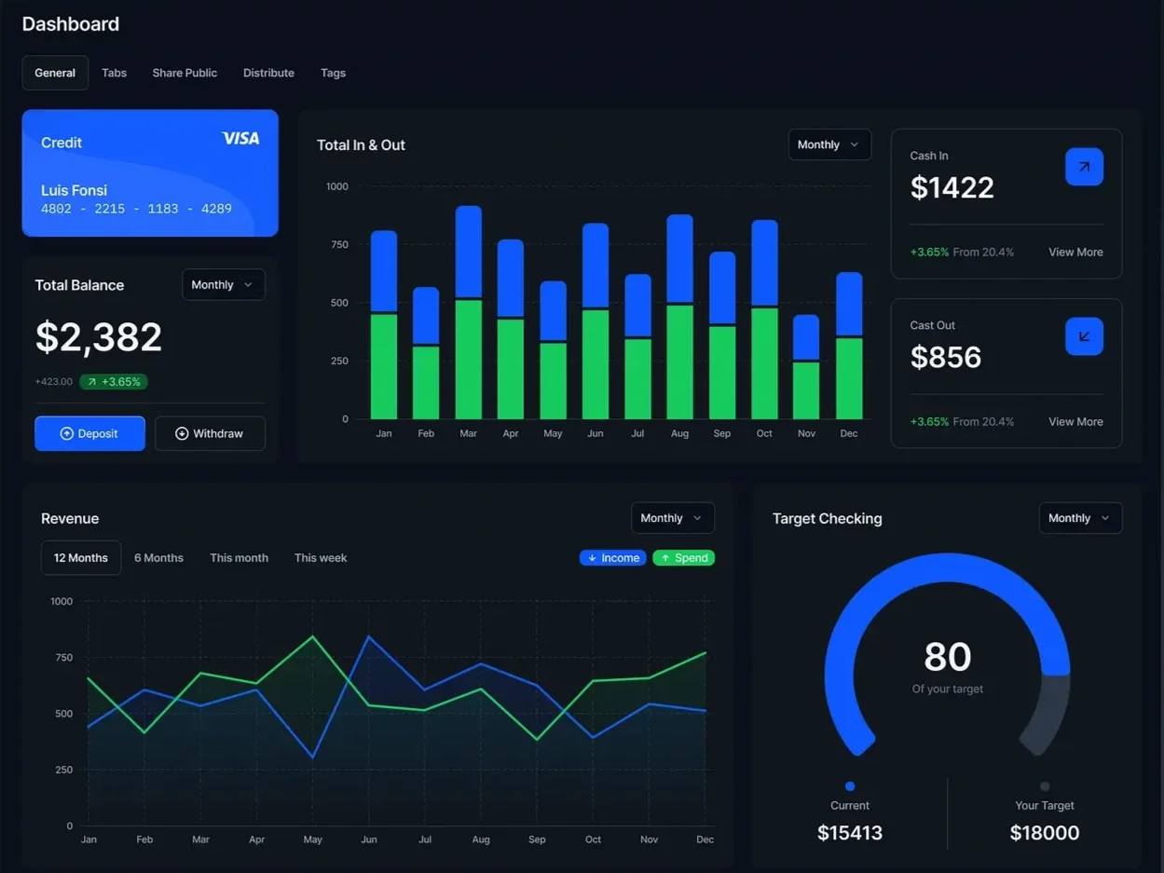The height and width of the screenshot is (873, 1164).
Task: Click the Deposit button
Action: click(89, 433)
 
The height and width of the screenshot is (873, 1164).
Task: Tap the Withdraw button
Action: click(210, 433)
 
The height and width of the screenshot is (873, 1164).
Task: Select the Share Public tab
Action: click(185, 73)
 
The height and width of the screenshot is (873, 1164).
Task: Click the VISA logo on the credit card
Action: click(240, 139)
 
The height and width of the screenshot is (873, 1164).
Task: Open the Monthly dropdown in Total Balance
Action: click(223, 285)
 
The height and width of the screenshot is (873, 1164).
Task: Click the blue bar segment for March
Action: click(468, 252)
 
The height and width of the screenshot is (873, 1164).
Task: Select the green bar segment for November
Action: click(806, 390)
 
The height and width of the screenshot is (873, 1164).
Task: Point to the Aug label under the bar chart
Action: click(679, 433)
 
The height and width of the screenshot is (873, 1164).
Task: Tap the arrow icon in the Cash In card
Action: click(1084, 167)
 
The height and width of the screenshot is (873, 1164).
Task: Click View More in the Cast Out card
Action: click(1075, 422)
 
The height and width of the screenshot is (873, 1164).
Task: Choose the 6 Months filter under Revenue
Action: click(158, 558)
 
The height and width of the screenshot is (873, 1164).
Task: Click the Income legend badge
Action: click(612, 558)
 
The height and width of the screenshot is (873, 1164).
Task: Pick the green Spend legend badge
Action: click(683, 558)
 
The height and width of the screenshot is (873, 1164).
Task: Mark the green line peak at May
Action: click(312, 637)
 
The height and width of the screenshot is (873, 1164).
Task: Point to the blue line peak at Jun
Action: click(369, 637)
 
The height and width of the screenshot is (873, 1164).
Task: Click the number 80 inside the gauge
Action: click(947, 657)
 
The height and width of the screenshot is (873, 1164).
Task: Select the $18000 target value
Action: click(1044, 833)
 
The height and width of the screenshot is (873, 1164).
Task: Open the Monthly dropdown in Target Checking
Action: click(1080, 518)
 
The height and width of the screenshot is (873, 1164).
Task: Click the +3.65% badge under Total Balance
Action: click(114, 382)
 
